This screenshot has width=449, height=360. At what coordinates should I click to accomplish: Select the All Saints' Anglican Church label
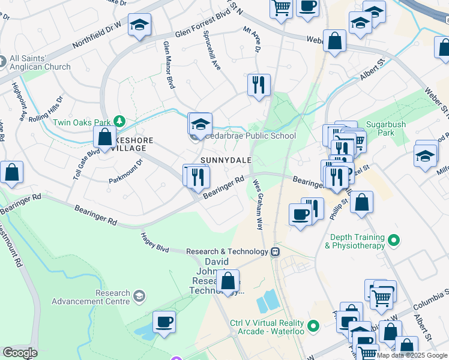40,63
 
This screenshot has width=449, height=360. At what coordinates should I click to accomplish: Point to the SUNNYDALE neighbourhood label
225,160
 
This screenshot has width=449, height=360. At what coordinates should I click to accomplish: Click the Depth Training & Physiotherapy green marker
394,241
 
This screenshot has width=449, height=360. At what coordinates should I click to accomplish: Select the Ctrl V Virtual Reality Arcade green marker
312,327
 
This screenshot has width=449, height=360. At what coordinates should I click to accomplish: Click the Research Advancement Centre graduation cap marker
139,296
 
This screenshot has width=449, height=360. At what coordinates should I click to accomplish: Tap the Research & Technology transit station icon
276,251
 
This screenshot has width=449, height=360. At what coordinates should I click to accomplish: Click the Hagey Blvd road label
155,242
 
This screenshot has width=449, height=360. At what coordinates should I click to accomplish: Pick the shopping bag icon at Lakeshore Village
104,137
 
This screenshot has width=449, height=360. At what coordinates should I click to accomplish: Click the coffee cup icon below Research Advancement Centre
164,322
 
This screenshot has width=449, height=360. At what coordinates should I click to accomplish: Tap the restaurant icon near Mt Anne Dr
259,85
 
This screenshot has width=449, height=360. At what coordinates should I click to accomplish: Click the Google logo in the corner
20,353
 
